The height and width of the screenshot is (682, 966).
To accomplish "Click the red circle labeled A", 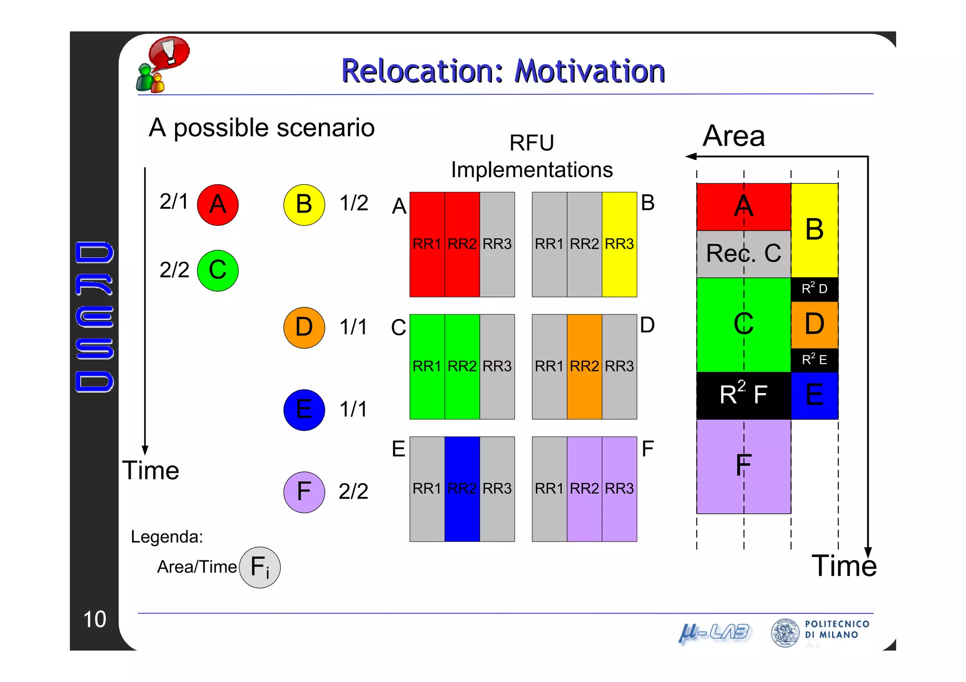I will (x=217, y=205).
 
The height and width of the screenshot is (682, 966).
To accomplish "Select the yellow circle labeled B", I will (x=304, y=205).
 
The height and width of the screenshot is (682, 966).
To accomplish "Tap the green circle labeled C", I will (x=217, y=270).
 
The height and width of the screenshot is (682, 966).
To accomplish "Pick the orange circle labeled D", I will (x=304, y=328).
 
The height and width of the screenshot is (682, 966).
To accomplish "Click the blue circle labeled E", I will (x=304, y=410).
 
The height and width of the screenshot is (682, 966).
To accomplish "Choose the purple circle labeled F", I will (x=304, y=492).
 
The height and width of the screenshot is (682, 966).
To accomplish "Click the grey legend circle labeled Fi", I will (x=259, y=567).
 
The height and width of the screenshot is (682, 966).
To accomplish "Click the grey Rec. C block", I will (x=743, y=254).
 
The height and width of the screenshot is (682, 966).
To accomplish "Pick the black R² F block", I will (x=743, y=395).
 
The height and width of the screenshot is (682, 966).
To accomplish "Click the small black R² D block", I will (x=814, y=289).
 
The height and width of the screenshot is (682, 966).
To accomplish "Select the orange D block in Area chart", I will (x=814, y=324).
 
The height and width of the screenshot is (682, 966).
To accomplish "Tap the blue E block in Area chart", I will (x=814, y=395).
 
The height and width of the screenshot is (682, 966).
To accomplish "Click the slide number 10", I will (x=94, y=619).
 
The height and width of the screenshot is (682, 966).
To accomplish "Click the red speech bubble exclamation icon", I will (x=169, y=52).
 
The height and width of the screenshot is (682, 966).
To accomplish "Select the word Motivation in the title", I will (x=589, y=71).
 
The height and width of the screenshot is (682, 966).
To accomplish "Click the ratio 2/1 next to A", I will (x=174, y=202).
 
